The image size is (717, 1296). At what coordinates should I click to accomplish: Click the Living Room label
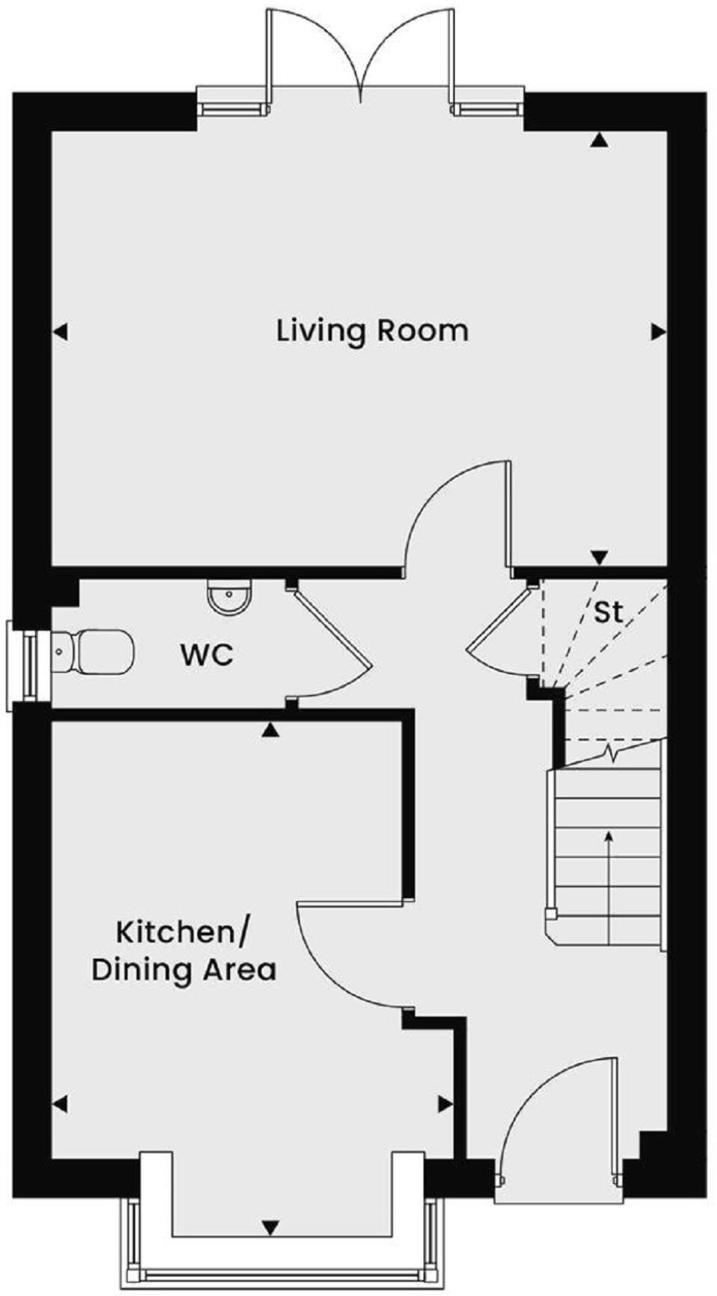tap(372, 330)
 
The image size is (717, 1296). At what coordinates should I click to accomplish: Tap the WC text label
tap(207, 655)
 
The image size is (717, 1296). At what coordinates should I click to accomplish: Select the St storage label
tap(607, 612)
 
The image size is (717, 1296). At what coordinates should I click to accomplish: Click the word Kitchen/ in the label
tap(184, 932)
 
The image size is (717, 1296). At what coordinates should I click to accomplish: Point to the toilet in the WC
tap(97, 652)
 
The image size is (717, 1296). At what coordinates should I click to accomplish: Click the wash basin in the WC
tap(229, 598)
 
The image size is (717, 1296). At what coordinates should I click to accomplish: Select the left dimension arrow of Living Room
tap(60, 331)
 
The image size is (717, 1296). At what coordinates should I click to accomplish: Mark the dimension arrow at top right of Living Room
tap(598, 140)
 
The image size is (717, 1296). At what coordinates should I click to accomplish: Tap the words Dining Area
tap(184, 970)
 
